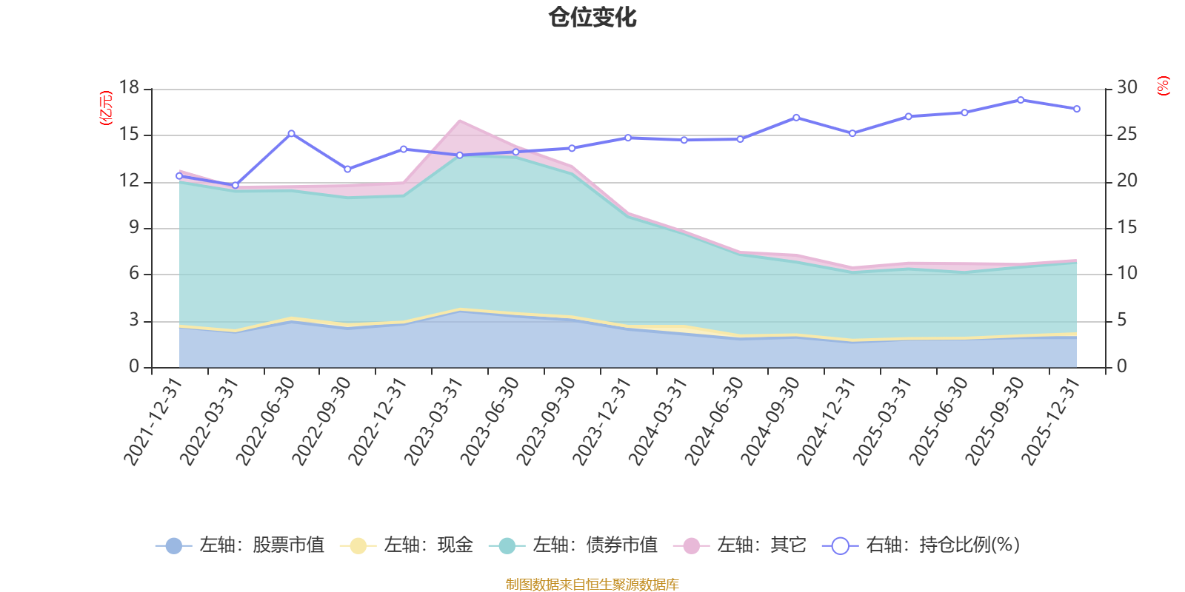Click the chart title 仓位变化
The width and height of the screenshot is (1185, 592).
[592, 17]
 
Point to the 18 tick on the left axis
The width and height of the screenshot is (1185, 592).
[129, 88]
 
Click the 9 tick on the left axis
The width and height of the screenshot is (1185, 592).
[134, 228]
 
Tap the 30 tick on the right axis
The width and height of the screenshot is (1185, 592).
[1127, 88]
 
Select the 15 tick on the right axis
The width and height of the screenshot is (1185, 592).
[1127, 228]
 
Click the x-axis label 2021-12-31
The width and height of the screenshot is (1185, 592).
[153, 422]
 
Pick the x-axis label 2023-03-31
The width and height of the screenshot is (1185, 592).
[433, 422]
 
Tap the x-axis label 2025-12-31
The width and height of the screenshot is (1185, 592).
[1050, 422]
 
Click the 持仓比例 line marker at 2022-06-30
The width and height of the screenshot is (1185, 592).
[291, 134]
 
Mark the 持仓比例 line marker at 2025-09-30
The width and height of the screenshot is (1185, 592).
[1021, 100]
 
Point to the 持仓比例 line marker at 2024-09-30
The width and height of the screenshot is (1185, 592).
[796, 118]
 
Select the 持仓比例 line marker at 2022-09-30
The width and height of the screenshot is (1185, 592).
[347, 169]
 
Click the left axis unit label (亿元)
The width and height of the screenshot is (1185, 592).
[106, 108]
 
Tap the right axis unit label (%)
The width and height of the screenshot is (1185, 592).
[1163, 86]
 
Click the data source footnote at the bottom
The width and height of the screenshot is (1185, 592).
[592, 585]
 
